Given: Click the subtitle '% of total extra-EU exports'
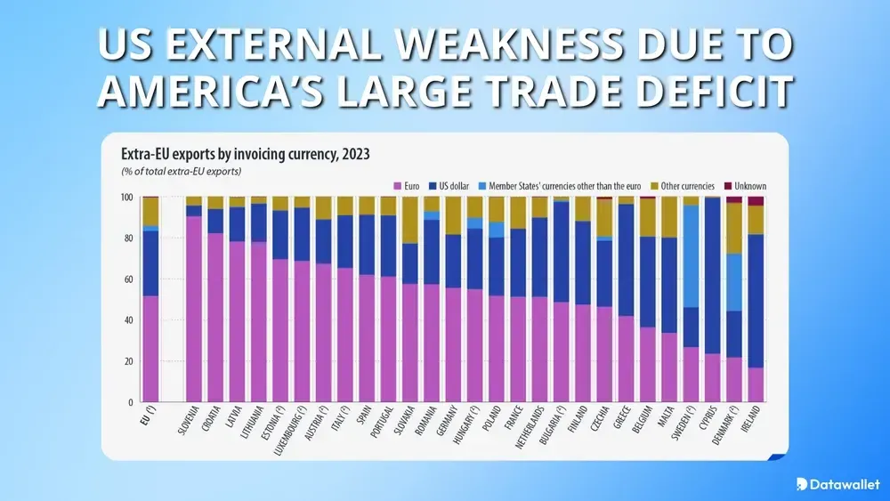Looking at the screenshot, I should [x=182, y=170].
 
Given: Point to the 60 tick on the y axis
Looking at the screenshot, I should [x=127, y=279].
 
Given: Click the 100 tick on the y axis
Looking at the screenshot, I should [x=125, y=197].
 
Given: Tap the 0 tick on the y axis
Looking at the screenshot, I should [x=130, y=403].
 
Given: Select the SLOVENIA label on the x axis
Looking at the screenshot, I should [x=187, y=427].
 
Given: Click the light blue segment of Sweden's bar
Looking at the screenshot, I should [x=691, y=256].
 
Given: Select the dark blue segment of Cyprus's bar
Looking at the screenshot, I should [x=713, y=276].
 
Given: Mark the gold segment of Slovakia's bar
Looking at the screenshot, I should [x=410, y=220].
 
